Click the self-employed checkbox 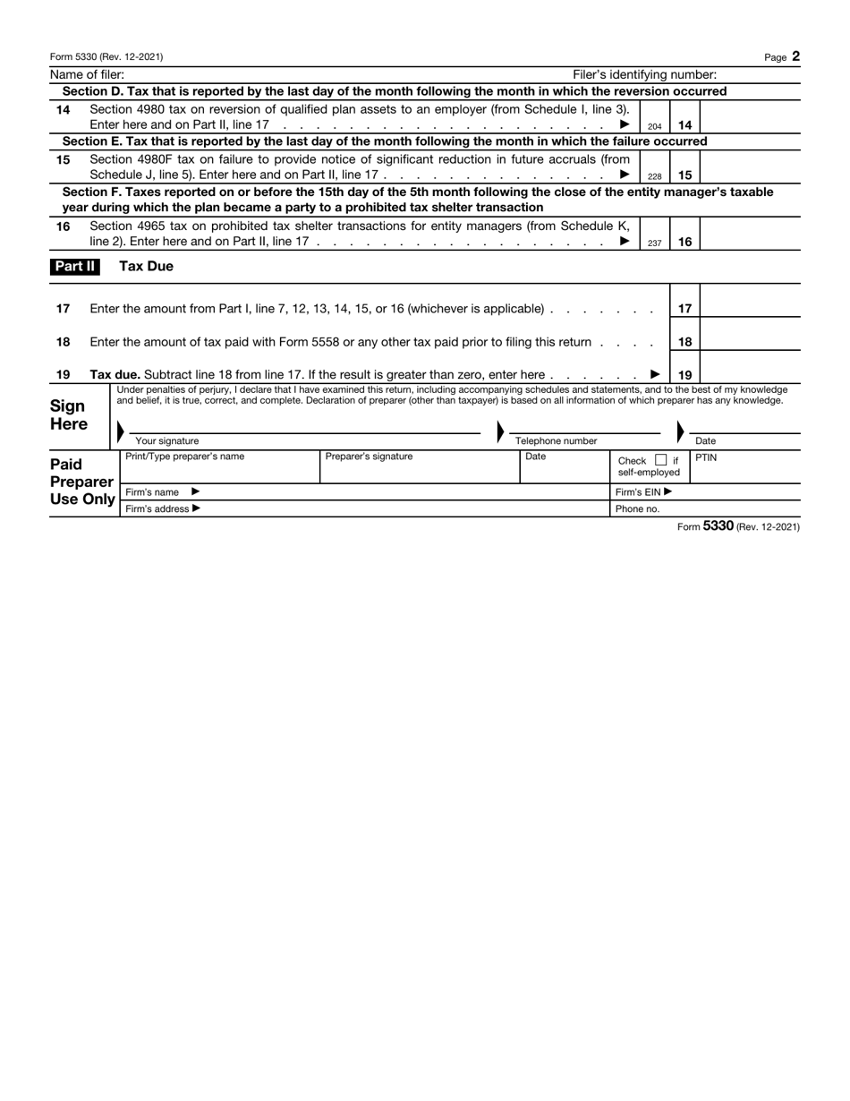(x=660, y=461)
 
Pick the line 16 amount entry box (x=750, y=235)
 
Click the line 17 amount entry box (x=750, y=308)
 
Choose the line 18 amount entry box (x=750, y=341)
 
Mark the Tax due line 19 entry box (x=750, y=374)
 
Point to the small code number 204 (x=654, y=127)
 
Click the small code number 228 (x=654, y=177)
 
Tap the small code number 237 (x=654, y=243)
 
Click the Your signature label (x=166, y=441)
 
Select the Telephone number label (x=556, y=441)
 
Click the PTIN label (x=706, y=457)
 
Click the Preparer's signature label (x=369, y=457)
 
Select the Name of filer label (x=87, y=75)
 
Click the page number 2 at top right (x=795, y=56)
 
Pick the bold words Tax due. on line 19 (x=115, y=374)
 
